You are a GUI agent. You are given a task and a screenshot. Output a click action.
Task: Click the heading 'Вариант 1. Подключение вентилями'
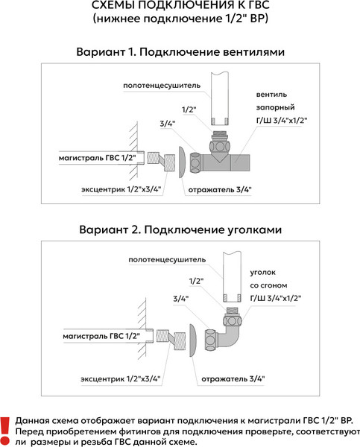pyautogui.click(x=181, y=54)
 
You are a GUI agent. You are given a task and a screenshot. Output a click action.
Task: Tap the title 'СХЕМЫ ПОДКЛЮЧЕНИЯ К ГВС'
pyautogui.click(x=180, y=9)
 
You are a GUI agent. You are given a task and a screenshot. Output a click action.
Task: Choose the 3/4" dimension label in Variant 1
pyautogui.click(x=167, y=124)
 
